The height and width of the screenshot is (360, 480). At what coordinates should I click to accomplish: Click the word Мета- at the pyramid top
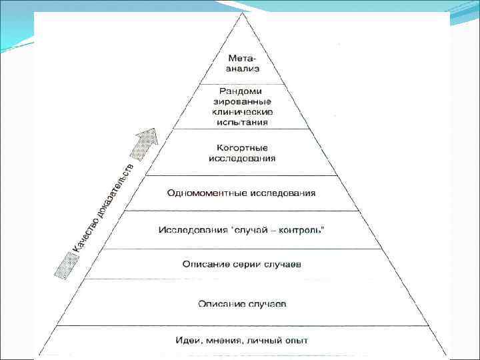click(x=241, y=58)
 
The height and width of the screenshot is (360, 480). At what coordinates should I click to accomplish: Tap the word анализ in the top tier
click(x=241, y=68)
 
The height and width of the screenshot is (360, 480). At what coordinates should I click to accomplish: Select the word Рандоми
click(x=241, y=91)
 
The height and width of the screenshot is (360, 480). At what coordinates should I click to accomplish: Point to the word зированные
click(x=241, y=101)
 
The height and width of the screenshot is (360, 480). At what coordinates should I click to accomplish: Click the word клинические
click(x=241, y=112)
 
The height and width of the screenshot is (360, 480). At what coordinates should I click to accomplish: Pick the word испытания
click(x=241, y=122)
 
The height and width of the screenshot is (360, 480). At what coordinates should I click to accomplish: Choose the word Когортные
click(x=241, y=147)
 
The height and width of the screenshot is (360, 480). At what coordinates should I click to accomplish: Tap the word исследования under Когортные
click(x=241, y=159)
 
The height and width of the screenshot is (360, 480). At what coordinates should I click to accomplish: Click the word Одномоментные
click(x=206, y=193)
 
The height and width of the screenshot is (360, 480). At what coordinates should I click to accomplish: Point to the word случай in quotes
click(x=250, y=230)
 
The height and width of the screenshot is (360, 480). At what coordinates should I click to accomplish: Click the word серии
click(x=245, y=265)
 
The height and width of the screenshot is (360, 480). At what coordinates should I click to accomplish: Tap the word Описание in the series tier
click(x=205, y=265)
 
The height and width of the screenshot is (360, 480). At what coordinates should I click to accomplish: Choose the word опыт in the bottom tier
click(x=296, y=341)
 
